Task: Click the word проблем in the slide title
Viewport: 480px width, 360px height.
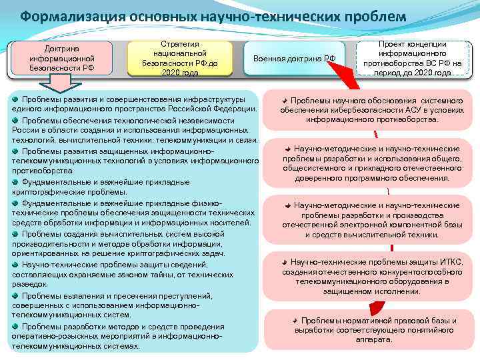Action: [369, 16]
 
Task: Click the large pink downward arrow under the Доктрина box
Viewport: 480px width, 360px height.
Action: [59, 84]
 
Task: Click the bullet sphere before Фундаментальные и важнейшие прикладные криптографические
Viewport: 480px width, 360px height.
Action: [15, 181]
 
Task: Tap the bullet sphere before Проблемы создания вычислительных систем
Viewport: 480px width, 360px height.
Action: [15, 233]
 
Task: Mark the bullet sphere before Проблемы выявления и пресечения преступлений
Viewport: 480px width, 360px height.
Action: [15, 295]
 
